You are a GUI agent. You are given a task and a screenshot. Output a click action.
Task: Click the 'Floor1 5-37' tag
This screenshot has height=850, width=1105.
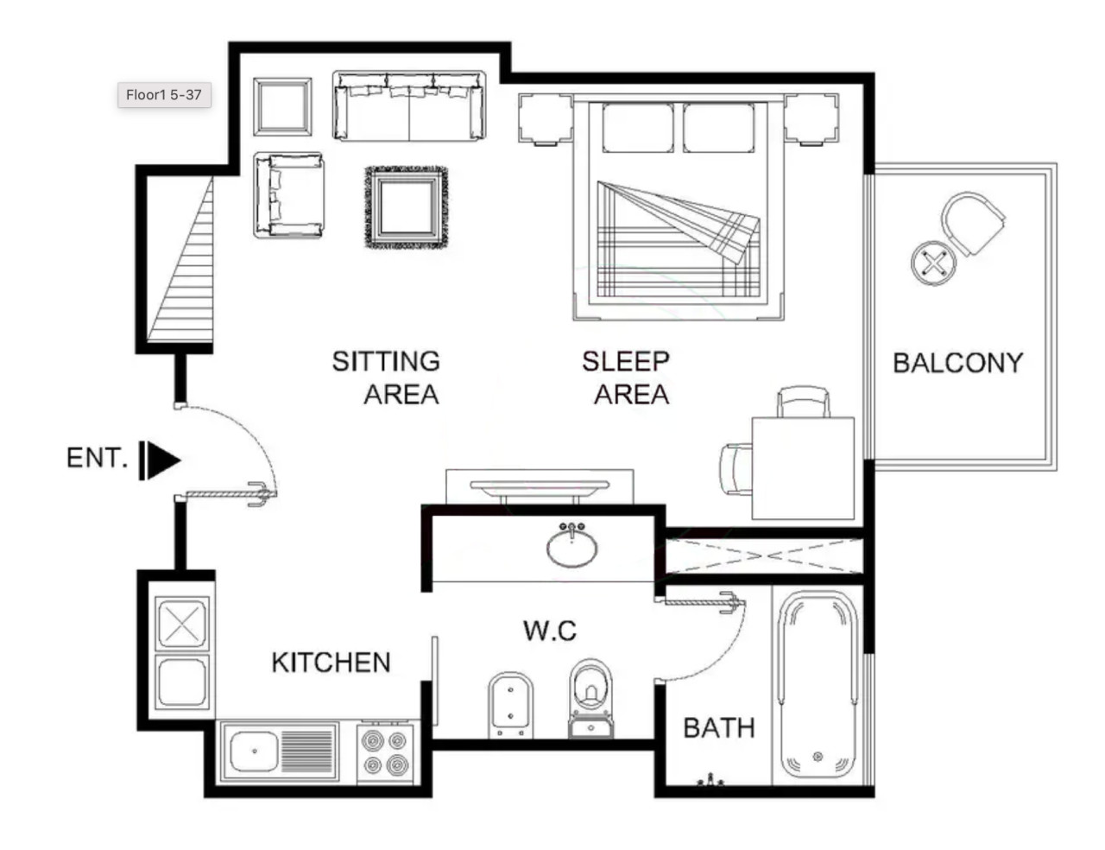pos(164,95)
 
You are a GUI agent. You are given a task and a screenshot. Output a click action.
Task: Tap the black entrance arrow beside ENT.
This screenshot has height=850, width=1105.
pos(160,460)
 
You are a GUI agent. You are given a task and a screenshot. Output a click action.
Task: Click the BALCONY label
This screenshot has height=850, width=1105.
pos(957,363)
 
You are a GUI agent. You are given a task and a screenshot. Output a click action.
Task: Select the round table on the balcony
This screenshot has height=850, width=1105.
pos(933,263)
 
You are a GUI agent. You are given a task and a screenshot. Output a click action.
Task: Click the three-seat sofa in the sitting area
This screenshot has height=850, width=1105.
pos(409,105)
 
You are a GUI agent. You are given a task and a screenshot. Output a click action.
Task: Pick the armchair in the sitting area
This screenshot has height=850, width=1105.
pos(289,195)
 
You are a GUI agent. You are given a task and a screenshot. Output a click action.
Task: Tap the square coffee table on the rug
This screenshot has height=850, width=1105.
pos(407,207)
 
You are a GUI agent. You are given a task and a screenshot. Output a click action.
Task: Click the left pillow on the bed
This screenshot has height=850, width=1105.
pos(638,128)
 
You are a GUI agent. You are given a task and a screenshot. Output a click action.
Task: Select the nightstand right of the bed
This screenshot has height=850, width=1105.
pos(811,118)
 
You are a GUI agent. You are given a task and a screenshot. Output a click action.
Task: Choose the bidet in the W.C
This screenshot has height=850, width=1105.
pos(510,705)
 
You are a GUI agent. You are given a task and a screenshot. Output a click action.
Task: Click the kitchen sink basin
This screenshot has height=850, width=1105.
pos(254,752)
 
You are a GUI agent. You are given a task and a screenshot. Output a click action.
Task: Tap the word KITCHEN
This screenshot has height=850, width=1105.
pos(331,663)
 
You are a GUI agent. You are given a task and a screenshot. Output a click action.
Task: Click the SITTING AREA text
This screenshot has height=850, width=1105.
pos(386,377)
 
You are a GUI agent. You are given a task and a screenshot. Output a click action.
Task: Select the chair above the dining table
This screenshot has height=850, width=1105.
pos(803,402)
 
